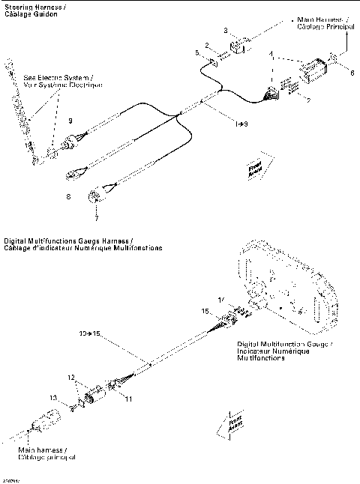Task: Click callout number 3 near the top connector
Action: pos(226,29)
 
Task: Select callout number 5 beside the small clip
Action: pos(198,53)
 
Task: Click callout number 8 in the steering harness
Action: pos(70,196)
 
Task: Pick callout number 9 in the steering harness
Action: pos(70,121)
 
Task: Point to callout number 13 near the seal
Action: pos(52,397)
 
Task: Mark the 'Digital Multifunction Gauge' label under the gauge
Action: pos(286,350)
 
